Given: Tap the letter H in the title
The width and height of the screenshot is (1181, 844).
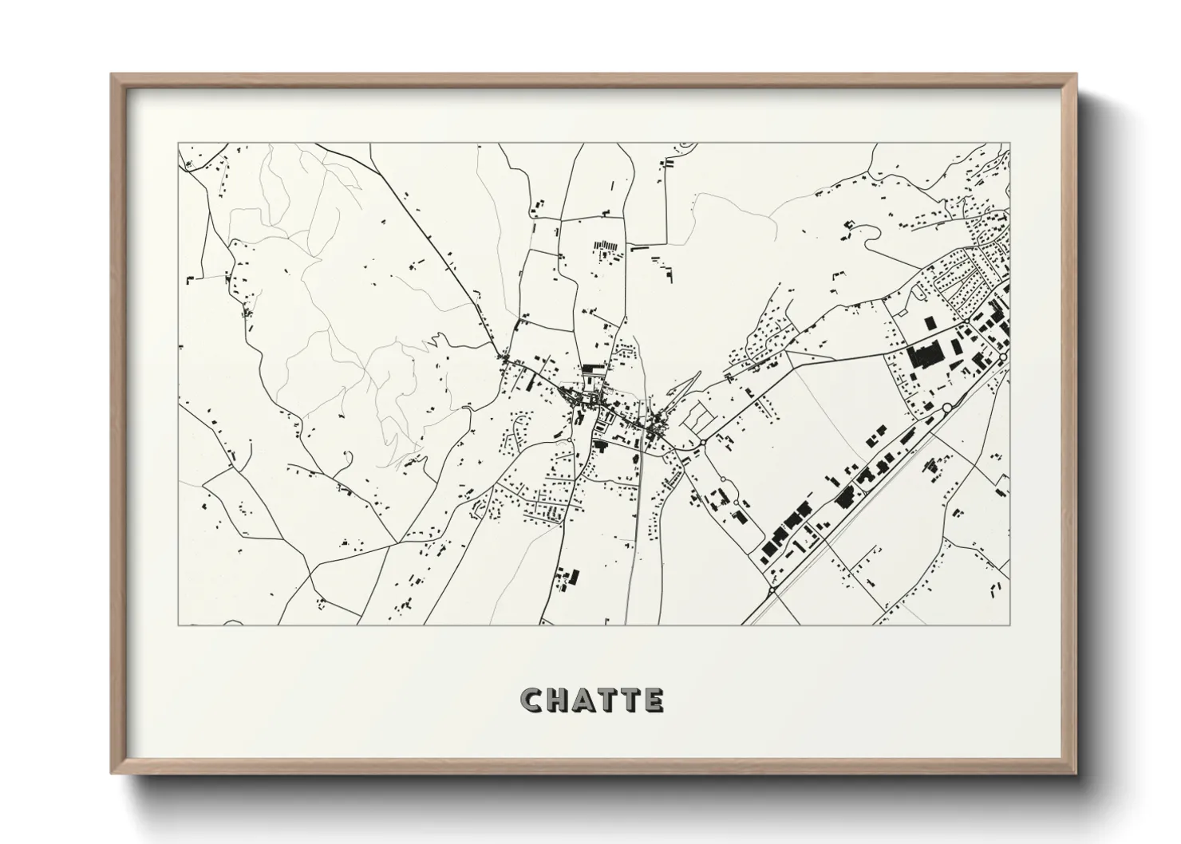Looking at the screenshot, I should (557, 700).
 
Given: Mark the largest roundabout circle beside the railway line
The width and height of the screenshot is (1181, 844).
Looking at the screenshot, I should (947, 408).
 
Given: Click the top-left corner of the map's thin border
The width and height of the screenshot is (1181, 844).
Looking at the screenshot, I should (178, 144).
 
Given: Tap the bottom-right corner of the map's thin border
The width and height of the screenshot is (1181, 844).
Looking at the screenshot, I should (1009, 625).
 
